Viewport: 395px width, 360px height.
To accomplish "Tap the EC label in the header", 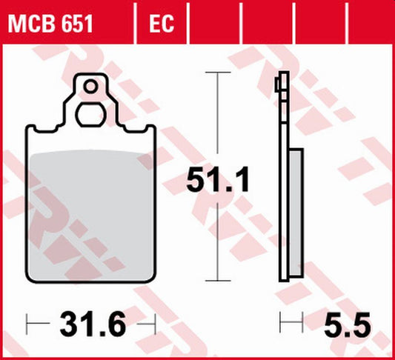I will (162, 24).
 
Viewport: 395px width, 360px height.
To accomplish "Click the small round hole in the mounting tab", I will (90, 87).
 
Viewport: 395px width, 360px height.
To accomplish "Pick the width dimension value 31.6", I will (90, 323).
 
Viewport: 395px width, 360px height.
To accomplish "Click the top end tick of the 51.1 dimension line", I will (216, 73).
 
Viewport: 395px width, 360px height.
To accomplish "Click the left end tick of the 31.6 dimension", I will (27, 323).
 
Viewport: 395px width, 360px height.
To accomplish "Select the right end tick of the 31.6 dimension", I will (154, 323).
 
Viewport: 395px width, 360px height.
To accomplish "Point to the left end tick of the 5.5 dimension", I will (280, 323).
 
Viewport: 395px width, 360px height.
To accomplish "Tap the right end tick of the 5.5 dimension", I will (303, 323).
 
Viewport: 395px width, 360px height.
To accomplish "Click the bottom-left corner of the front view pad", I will (30, 279).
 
